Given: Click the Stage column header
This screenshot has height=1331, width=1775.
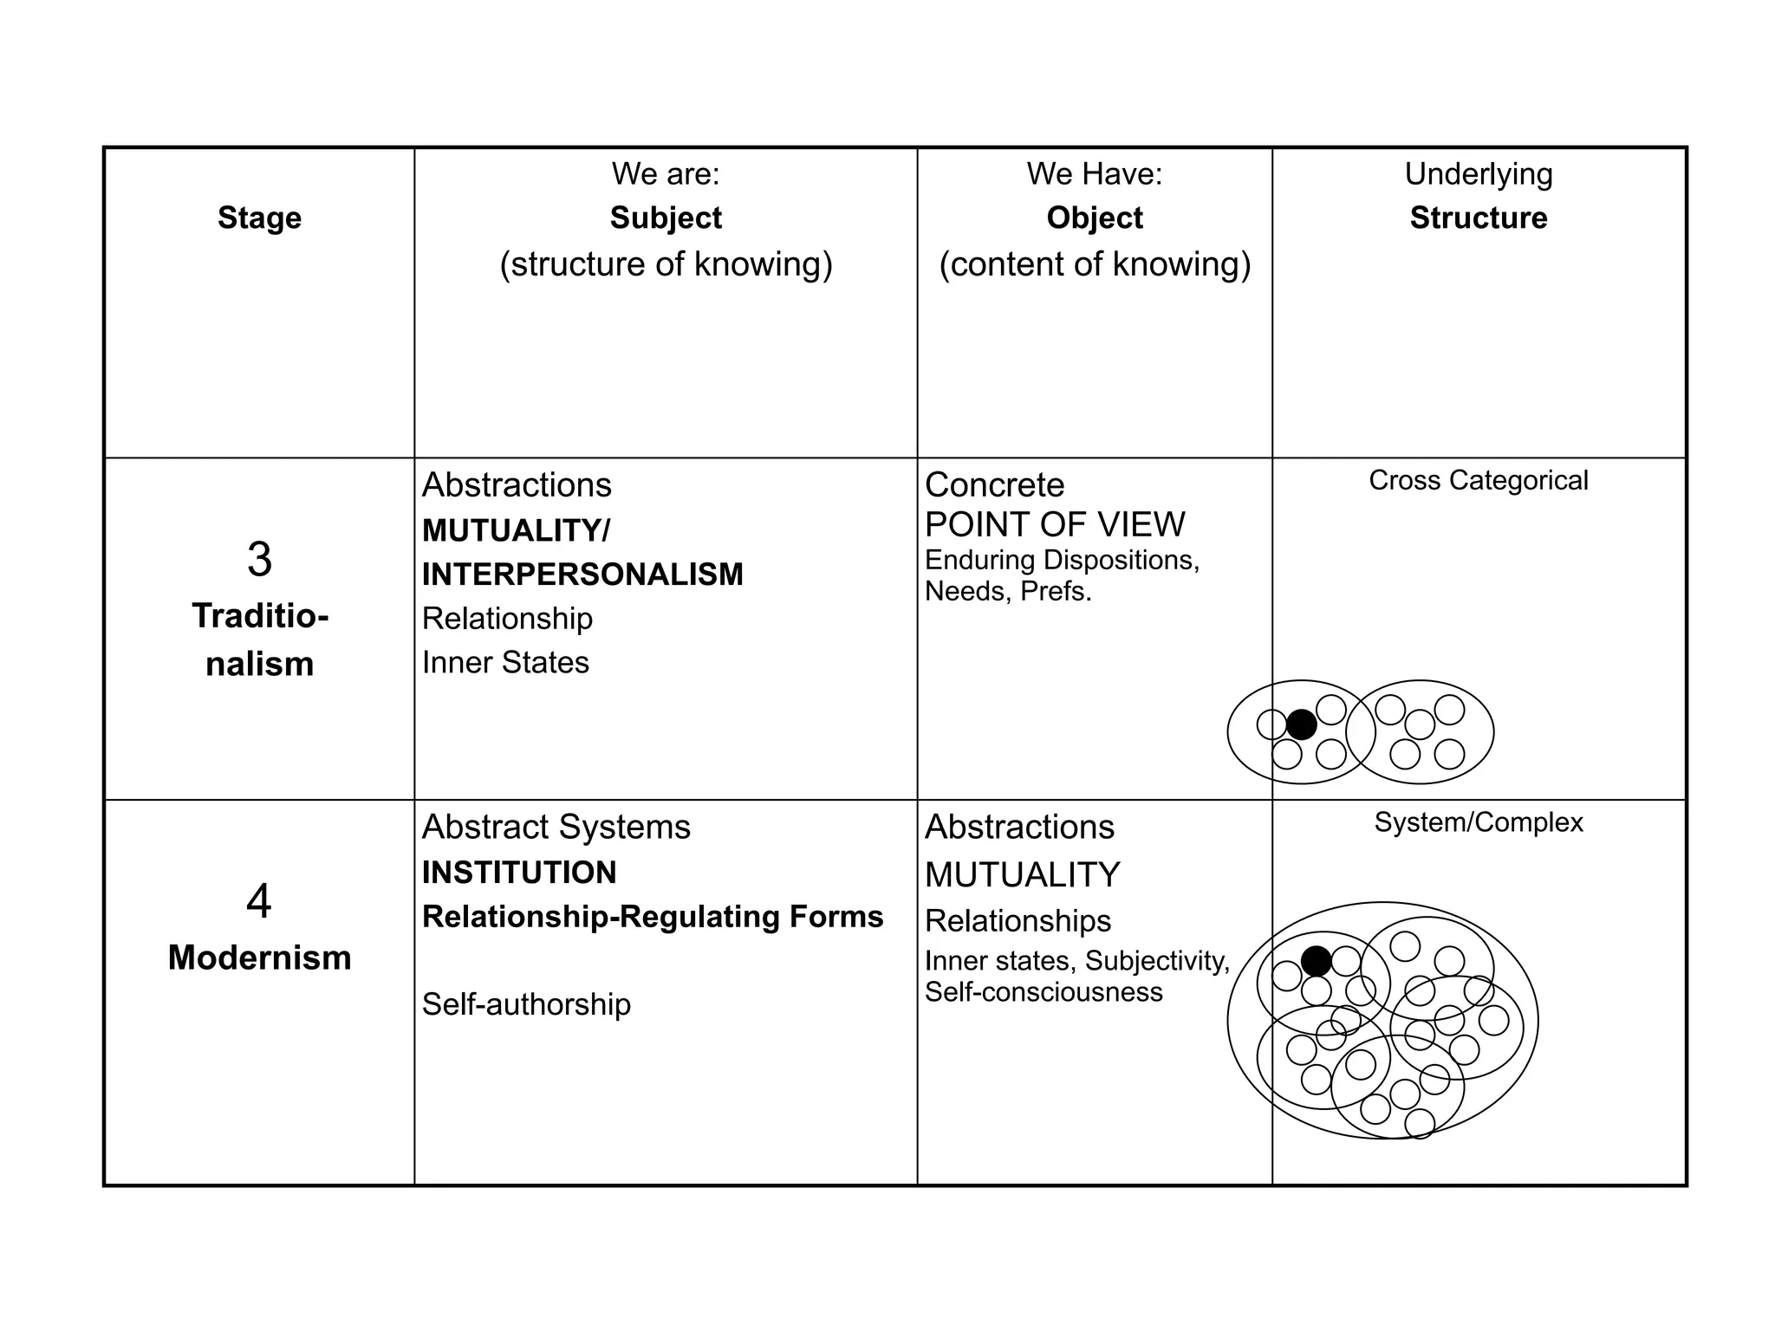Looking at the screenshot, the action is [x=259, y=218].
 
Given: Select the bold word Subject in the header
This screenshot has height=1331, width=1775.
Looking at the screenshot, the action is [x=665, y=218].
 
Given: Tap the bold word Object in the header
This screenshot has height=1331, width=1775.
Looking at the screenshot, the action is [x=1094, y=218].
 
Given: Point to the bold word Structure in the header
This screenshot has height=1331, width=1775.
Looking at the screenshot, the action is [x=1478, y=218].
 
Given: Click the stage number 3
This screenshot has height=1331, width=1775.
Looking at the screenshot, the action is [x=259, y=560].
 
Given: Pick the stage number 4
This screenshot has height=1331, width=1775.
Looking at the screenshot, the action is [x=259, y=901].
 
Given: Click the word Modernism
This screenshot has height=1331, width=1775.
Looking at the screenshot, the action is [x=259, y=958].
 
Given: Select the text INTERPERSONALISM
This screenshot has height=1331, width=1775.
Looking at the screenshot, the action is [x=582, y=575].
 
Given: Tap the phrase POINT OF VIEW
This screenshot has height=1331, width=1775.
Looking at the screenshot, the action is [x=1054, y=524].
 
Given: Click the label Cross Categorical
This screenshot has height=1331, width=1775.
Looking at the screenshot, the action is [x=1478, y=480].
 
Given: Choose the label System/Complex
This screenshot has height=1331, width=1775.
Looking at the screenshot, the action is [x=1478, y=822].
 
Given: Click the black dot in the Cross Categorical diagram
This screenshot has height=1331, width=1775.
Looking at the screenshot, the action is [x=1301, y=724].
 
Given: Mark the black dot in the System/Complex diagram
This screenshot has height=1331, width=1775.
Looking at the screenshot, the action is [x=1316, y=960].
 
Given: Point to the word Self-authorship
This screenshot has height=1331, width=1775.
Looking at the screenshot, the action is [x=526, y=1004].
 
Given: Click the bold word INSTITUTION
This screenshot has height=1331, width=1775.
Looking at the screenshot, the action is [x=519, y=873].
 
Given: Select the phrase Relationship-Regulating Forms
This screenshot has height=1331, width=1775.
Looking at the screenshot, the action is [x=652, y=917].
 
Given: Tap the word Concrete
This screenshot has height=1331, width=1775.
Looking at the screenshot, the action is [x=994, y=485].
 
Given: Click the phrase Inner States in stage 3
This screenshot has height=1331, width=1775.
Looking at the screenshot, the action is [x=505, y=663].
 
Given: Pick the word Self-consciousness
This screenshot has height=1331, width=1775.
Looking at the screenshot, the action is [x=1043, y=992].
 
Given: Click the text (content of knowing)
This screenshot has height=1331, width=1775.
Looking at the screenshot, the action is [x=1094, y=264].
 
